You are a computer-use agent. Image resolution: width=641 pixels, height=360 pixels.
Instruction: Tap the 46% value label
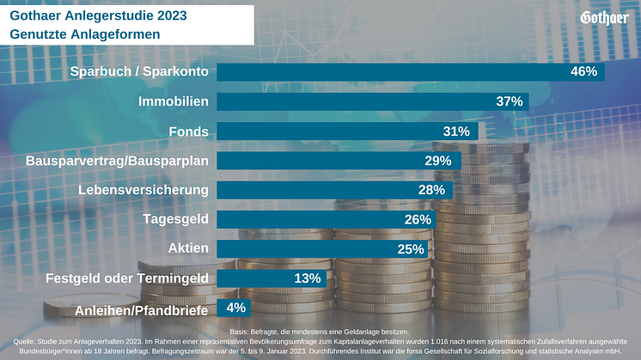[x=583, y=71]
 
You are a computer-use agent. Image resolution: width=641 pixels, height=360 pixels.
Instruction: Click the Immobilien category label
[x=174, y=101]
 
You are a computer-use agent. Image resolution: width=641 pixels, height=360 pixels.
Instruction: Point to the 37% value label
[x=510, y=101]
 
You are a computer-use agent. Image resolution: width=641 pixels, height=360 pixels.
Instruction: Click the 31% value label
[x=456, y=131]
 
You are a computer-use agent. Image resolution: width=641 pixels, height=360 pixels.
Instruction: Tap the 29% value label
[x=438, y=161]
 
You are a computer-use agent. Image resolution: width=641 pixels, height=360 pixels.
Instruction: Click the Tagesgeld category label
[x=175, y=219]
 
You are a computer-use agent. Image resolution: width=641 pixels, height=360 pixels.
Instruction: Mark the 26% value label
[x=417, y=219]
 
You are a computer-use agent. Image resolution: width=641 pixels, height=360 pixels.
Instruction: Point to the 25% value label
[x=411, y=249]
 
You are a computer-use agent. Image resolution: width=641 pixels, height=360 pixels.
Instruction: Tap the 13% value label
[x=307, y=278]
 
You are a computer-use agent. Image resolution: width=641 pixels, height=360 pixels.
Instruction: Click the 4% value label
[x=236, y=308]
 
